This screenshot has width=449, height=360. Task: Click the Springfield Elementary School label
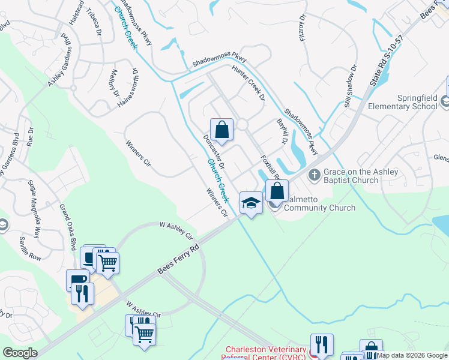click(x=401, y=102)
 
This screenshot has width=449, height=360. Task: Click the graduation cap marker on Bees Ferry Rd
click(x=251, y=203)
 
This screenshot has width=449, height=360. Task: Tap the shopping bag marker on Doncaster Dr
click(x=221, y=130)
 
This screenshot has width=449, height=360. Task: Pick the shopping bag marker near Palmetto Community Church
click(x=277, y=191)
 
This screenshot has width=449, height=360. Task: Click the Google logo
click(x=20, y=353)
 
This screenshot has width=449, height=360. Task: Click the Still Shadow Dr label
click(x=351, y=86)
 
